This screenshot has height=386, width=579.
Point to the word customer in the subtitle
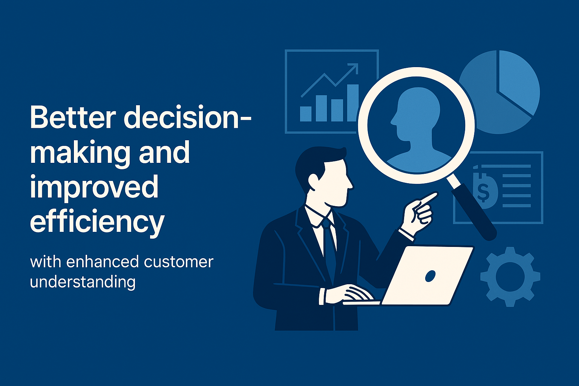[178, 262]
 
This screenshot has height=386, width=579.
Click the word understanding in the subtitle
[83, 282]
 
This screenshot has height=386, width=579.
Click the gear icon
[510, 277]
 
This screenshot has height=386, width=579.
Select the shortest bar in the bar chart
[306, 114]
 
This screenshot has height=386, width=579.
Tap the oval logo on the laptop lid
[430, 276]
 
